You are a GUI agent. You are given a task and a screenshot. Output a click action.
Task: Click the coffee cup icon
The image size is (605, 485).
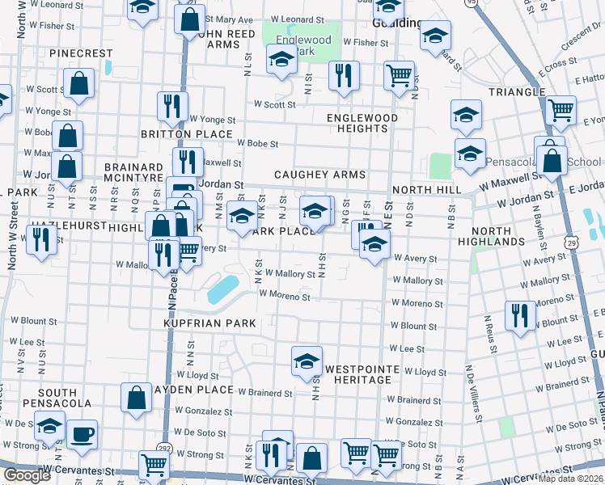(x=82, y=434)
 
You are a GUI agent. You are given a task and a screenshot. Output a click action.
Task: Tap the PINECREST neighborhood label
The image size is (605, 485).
(x=81, y=53)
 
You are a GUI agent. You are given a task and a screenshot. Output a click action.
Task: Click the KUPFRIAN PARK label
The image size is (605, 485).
(x=209, y=323)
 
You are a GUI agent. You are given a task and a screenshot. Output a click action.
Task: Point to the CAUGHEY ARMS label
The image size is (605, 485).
(x=319, y=175)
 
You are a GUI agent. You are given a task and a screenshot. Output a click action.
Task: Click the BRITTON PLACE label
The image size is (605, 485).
(x=186, y=134)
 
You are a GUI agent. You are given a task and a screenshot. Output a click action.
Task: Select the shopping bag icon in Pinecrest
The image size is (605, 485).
(x=78, y=82)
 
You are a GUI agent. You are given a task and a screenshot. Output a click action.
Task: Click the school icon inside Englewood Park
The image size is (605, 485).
(x=281, y=60)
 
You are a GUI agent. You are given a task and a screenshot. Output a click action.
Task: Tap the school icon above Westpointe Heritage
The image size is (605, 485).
(x=307, y=361)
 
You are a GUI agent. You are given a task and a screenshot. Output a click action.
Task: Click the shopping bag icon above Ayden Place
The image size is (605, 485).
(x=136, y=397)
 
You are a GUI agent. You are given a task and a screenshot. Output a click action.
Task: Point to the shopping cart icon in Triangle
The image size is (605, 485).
(x=560, y=109)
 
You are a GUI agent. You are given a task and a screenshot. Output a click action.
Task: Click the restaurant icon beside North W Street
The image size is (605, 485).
(x=39, y=238)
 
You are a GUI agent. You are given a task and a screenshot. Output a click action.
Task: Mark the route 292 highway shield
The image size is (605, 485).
(x=166, y=447)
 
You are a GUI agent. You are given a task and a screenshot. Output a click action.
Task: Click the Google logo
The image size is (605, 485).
(x=27, y=475)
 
